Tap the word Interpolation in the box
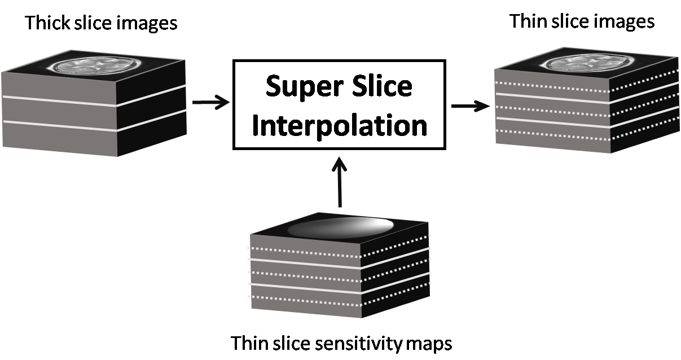click(x=339, y=126)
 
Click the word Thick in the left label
click(x=46, y=23)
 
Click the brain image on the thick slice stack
click(x=94, y=67)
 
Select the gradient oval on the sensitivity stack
click(x=340, y=227)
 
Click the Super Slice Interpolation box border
click(x=234, y=104)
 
